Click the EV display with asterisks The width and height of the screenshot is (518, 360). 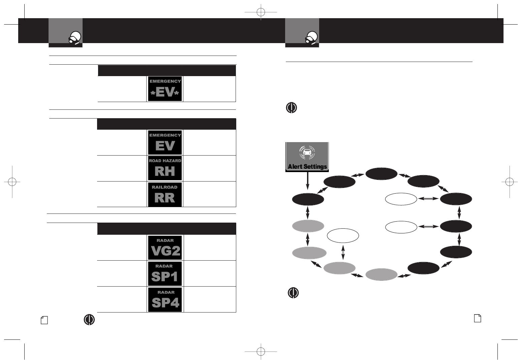(x=165, y=89)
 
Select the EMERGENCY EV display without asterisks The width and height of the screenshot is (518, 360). (x=165, y=142)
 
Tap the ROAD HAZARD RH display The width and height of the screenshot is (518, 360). (x=165, y=168)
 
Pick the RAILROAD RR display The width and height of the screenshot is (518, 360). (x=165, y=194)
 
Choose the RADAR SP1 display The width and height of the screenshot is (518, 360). (x=165, y=273)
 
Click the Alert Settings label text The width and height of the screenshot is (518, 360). (x=307, y=166)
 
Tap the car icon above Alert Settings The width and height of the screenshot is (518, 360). (x=307, y=153)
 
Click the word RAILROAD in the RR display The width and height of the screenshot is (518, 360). (x=165, y=187)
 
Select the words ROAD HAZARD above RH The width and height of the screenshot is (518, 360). (x=165, y=161)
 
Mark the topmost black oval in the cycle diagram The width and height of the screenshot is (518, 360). (x=382, y=173)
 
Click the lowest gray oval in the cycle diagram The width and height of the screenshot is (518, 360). (x=382, y=274)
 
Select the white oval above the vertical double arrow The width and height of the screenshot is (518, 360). (x=343, y=235)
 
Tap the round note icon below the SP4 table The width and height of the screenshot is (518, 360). (x=89, y=320)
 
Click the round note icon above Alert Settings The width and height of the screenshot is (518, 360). (x=292, y=107)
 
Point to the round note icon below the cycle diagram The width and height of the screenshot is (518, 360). (x=293, y=293)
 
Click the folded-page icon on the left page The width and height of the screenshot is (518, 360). (x=44, y=320)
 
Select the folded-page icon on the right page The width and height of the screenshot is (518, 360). (x=478, y=318)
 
